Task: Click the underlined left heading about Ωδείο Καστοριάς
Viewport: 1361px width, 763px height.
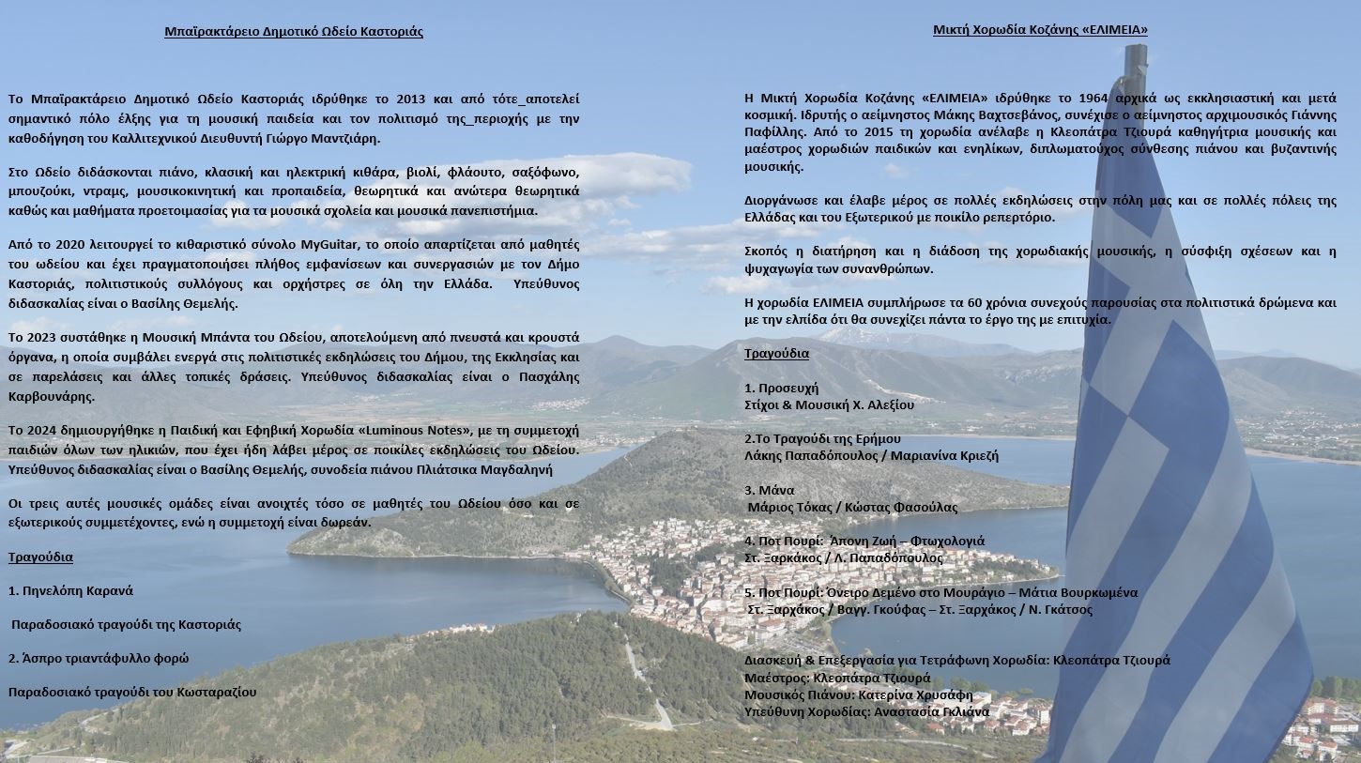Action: (293, 31)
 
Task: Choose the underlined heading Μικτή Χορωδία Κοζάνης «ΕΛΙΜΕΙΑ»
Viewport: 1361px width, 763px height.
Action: (1040, 29)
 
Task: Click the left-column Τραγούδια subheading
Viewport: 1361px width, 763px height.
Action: (40, 557)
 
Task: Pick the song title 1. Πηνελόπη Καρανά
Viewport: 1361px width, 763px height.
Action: (70, 590)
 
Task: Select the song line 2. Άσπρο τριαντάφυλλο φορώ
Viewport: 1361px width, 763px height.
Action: (99, 658)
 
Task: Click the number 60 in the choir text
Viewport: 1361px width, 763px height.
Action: (970, 302)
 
